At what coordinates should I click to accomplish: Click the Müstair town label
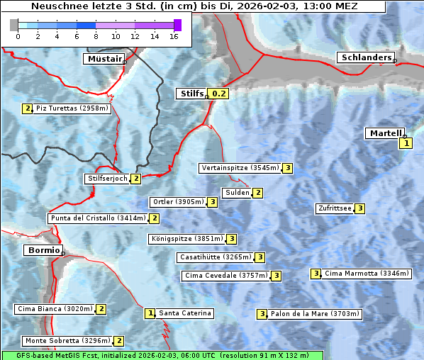[104, 59]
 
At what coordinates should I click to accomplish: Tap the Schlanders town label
[365, 57]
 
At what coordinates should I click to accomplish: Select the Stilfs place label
[191, 93]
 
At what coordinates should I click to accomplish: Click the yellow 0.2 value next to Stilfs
[219, 93]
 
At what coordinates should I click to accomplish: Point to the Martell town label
[384, 133]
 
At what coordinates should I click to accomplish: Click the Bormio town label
[42, 250]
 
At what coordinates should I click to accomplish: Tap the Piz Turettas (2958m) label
[72, 108]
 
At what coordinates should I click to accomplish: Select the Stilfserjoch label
[107, 179]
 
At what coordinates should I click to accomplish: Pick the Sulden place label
[237, 193]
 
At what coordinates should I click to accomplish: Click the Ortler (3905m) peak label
[177, 202]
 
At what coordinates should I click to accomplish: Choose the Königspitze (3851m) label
[186, 239]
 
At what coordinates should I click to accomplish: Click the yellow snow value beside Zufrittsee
[360, 208]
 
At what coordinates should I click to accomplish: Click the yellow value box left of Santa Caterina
[150, 313]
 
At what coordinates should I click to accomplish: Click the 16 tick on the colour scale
[174, 36]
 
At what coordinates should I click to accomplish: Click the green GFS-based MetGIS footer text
[162, 355]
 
